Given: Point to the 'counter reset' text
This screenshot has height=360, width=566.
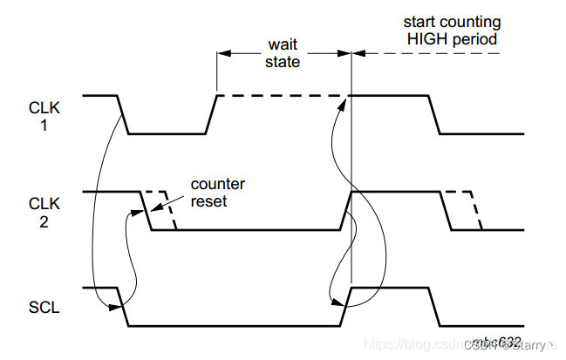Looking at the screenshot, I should [x=218, y=192].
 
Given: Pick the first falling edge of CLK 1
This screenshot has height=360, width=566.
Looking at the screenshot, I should [x=124, y=114].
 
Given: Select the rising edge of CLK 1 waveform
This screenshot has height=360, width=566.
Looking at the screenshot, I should [x=211, y=114].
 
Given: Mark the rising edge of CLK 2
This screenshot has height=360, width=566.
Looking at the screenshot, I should [x=345, y=210].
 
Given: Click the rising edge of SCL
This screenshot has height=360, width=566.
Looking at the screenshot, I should [x=345, y=306].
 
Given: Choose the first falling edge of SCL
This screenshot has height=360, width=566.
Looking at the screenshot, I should [x=124, y=306].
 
